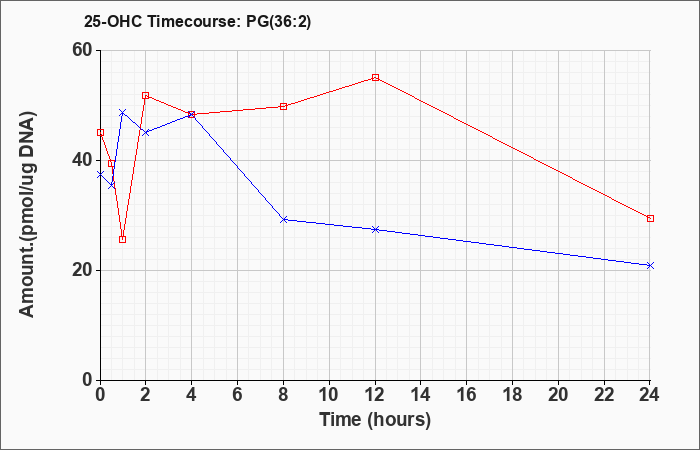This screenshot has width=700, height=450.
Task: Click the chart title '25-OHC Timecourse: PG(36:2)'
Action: pyautogui.click(x=197, y=22)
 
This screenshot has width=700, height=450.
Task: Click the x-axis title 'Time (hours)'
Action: pyautogui.click(x=375, y=420)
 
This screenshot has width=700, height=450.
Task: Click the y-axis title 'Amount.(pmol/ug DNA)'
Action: pyautogui.click(x=28, y=215)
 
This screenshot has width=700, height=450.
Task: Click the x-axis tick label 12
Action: pyautogui.click(x=375, y=394)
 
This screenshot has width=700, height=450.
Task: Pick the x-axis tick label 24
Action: pyautogui.click(x=650, y=394)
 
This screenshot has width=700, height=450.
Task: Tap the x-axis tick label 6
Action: pyautogui.click(x=238, y=394)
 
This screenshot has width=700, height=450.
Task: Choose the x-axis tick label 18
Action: pyautogui.click(x=512, y=394)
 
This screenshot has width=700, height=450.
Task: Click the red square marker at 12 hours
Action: pyautogui.click(x=375, y=78)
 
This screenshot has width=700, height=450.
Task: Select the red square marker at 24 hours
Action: pyautogui.click(x=650, y=218)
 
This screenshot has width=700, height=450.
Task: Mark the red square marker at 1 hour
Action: pyautogui.click(x=123, y=239)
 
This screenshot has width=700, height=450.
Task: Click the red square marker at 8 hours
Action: pyautogui.click(x=283, y=106)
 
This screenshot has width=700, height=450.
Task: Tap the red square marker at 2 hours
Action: pyautogui.click(x=146, y=96)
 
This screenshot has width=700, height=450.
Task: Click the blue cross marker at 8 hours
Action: pyautogui.click(x=283, y=220)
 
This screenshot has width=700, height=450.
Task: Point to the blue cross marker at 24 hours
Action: pyautogui.click(x=650, y=266)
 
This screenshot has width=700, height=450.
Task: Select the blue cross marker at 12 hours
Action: pyautogui.click(x=375, y=229)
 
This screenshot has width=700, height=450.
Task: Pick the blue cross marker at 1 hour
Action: pyautogui.click(x=123, y=112)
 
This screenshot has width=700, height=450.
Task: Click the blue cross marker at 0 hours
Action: pyautogui.click(x=100, y=174)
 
